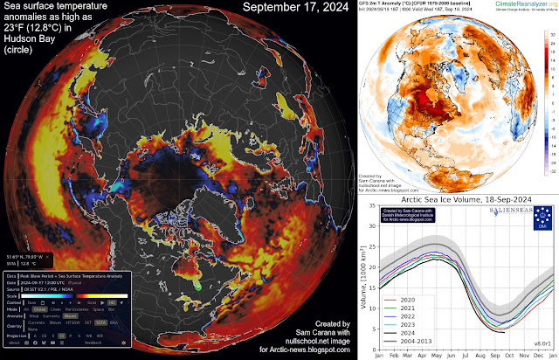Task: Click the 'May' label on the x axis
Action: pos(441,356)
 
